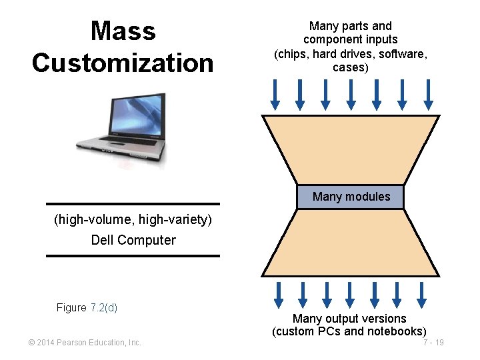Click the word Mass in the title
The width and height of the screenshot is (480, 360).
click(x=123, y=31)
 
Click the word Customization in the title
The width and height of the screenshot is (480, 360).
click(x=123, y=63)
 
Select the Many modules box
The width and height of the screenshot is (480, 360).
click(x=351, y=197)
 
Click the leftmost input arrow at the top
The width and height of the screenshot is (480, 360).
click(x=275, y=95)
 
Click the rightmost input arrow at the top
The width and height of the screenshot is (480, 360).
click(x=428, y=95)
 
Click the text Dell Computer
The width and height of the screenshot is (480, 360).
click(x=133, y=240)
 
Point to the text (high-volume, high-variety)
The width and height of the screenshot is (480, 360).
click(x=133, y=219)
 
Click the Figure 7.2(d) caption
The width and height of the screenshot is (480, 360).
click(x=87, y=307)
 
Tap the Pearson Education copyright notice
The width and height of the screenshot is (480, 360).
click(x=85, y=343)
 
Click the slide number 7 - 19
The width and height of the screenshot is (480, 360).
click(x=433, y=343)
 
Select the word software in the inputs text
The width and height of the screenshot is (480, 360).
click(x=404, y=54)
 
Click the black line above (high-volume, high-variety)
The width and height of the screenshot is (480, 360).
click(x=133, y=204)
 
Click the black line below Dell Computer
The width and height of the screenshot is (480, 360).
click(x=133, y=255)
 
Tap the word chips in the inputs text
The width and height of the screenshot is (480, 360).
click(x=289, y=54)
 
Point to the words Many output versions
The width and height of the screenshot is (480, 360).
click(x=349, y=319)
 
